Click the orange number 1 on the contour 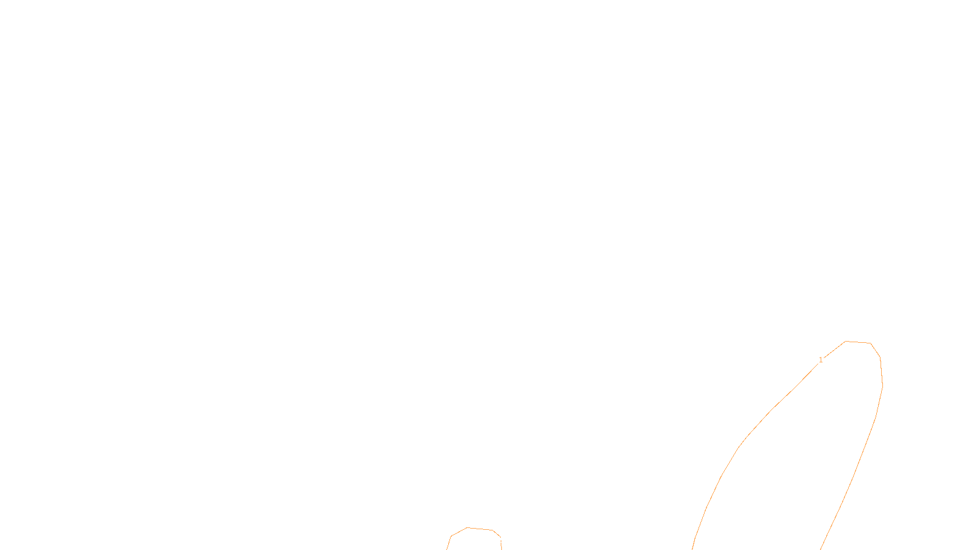click(x=821, y=360)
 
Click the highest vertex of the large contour click(x=846, y=342)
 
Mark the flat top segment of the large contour click(x=858, y=343)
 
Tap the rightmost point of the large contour click(x=882, y=386)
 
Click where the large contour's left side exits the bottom click(x=692, y=548)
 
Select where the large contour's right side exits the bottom click(x=821, y=548)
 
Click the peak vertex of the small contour click(x=467, y=528)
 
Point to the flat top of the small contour click(x=480, y=529)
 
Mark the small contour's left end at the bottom click(x=447, y=548)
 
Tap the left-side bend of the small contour click(x=451, y=537)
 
